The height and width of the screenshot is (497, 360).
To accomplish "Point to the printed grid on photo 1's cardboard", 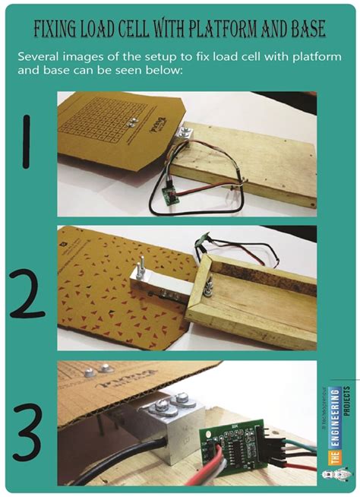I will (98, 122).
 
